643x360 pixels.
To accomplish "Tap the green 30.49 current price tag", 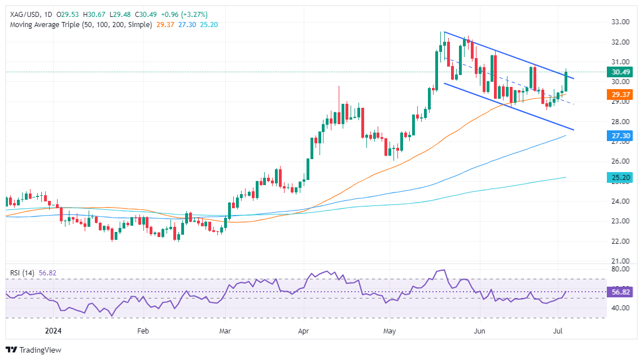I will (x=620, y=72).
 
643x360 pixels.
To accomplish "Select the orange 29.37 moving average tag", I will (x=620, y=94).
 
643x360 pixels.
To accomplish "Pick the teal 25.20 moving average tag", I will (x=620, y=178).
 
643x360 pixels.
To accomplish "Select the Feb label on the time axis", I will (x=142, y=331).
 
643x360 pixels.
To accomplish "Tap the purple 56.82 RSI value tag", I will (x=620, y=292).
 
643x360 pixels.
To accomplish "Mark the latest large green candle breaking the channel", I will (x=566, y=81).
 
